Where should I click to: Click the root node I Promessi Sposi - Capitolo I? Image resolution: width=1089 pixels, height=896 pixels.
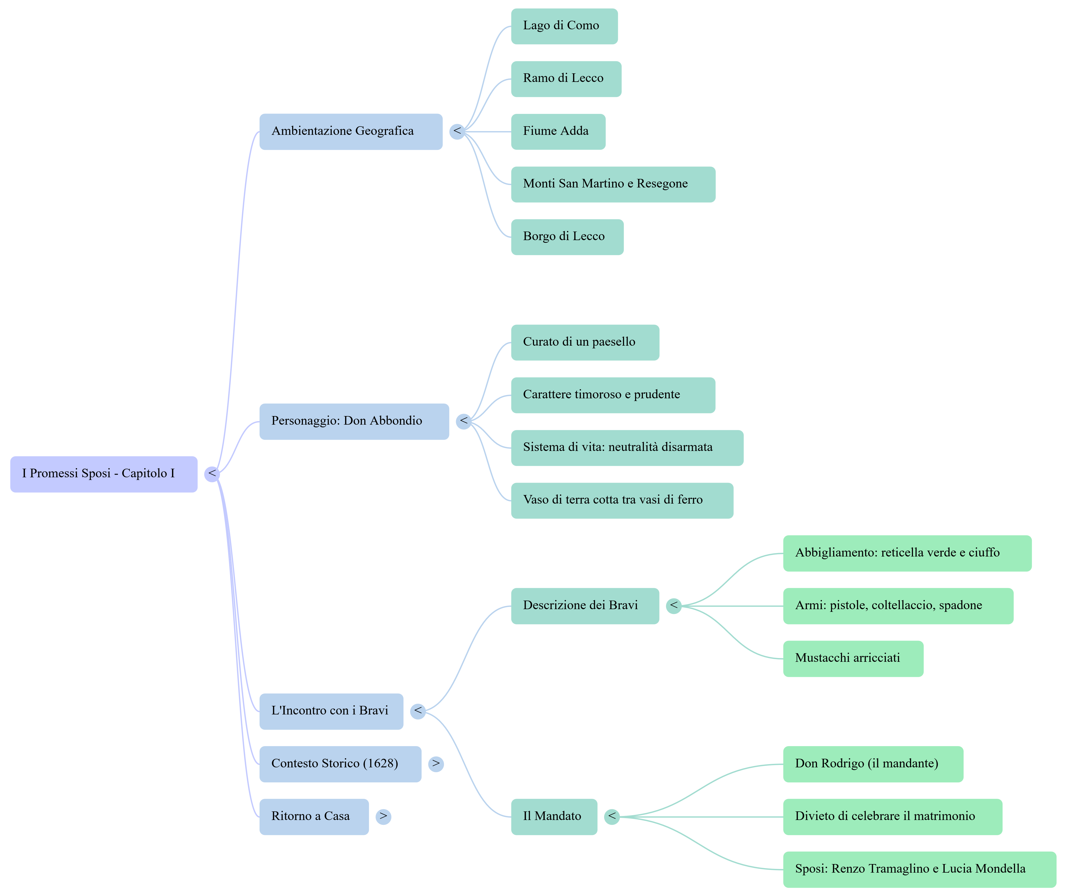pyautogui.click(x=103, y=474)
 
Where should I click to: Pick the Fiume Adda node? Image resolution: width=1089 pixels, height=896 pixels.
pyautogui.click(x=558, y=132)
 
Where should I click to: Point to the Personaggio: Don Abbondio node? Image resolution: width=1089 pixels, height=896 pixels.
pyautogui.click(x=354, y=421)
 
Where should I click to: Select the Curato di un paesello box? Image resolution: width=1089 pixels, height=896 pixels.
pyautogui.click(x=585, y=342)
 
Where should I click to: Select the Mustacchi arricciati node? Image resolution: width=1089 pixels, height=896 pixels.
pyautogui.click(x=852, y=659)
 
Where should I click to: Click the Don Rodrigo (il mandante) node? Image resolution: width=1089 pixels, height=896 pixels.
pyautogui.click(x=873, y=764)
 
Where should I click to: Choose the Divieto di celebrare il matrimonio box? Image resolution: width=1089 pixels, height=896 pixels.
pyautogui.click(x=892, y=816)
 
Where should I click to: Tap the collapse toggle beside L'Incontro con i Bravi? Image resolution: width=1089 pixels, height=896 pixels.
pyautogui.click(x=418, y=711)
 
